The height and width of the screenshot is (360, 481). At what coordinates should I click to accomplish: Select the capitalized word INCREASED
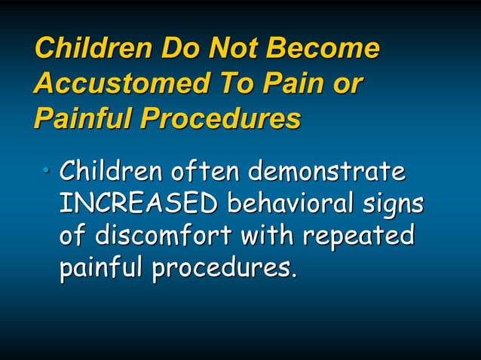(x=139, y=203)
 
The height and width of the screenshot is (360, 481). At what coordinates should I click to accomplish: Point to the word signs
(x=391, y=205)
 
